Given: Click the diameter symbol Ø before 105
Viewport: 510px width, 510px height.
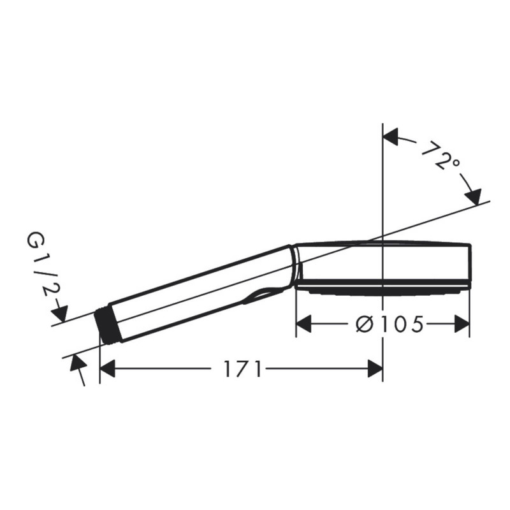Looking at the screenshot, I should (363, 324).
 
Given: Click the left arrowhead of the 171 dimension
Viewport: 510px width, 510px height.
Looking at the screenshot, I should (108, 368).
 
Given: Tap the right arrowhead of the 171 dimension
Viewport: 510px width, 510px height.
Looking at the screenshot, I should (375, 368).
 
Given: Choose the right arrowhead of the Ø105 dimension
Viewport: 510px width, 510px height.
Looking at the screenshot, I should (462, 324).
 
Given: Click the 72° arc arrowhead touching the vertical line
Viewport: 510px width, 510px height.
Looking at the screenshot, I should (390, 136).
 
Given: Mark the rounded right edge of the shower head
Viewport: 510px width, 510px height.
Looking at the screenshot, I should (470, 265).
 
